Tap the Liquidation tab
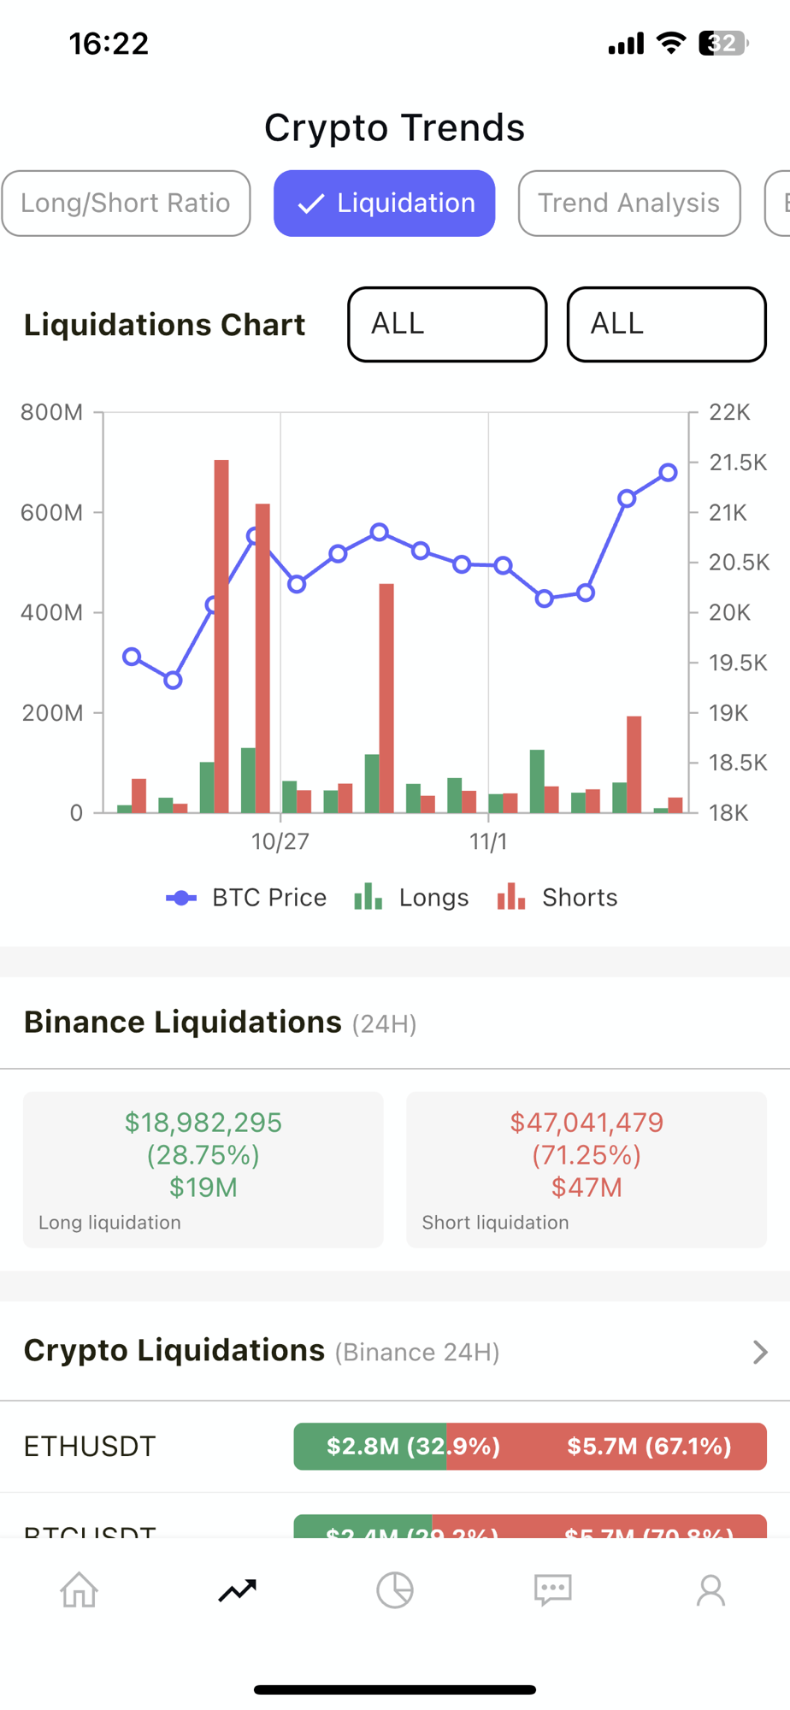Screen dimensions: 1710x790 click(x=384, y=203)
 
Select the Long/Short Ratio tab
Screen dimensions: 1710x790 click(x=126, y=203)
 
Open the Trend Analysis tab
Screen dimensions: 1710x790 click(x=628, y=203)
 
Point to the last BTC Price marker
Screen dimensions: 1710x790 click(x=668, y=473)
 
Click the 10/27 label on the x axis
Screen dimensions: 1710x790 click(x=280, y=842)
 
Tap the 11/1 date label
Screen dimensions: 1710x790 click(x=488, y=842)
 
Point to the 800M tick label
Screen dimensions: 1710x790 click(x=52, y=413)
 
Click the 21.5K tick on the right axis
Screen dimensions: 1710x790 click(x=737, y=463)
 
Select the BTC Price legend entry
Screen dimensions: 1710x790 click(x=246, y=898)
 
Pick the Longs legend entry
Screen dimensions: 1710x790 click(x=411, y=898)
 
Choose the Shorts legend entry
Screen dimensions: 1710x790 click(x=557, y=898)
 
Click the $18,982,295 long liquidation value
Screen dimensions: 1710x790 click(x=203, y=1123)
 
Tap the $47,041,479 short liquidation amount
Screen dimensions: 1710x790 click(x=587, y=1123)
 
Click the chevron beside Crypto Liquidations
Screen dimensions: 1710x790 click(x=759, y=1352)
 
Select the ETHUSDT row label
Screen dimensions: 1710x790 click(x=90, y=1447)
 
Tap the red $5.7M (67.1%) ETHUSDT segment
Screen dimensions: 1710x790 click(x=648, y=1447)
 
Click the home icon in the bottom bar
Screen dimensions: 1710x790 click(x=79, y=1590)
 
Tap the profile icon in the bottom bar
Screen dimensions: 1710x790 click(x=710, y=1590)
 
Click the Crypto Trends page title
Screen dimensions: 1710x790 click(x=394, y=128)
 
